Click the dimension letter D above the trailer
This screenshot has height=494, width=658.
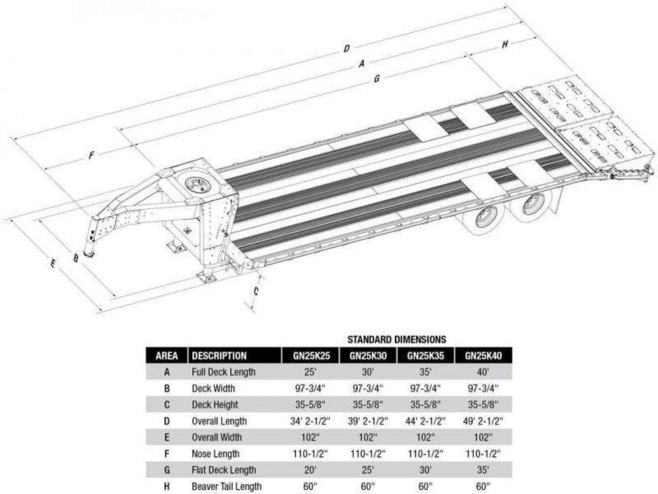click(x=347, y=48)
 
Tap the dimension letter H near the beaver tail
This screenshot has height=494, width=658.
click(x=504, y=44)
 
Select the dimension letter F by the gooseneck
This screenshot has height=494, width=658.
click(x=91, y=156)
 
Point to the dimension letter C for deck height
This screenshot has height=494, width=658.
click(x=256, y=291)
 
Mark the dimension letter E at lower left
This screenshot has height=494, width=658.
click(x=53, y=264)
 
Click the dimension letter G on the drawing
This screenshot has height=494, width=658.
click(x=377, y=79)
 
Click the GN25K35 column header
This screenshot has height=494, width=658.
click(x=425, y=356)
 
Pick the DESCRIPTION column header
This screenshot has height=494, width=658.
click(x=219, y=356)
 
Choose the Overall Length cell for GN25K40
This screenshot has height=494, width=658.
click(x=483, y=421)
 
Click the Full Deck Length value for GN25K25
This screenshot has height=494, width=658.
click(x=310, y=372)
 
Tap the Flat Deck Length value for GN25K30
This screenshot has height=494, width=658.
click(x=367, y=470)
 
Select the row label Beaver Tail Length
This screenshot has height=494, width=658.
click(x=227, y=487)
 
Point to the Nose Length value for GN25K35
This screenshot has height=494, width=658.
click(x=425, y=454)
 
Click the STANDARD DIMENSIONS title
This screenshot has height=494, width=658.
click(x=397, y=339)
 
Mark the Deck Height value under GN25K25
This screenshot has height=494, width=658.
click(x=310, y=405)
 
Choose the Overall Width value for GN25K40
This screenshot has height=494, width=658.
click(x=483, y=437)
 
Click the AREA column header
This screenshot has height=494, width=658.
click(x=167, y=356)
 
